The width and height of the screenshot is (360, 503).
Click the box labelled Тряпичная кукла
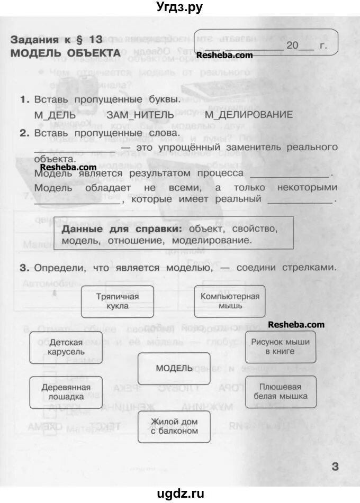[118, 301]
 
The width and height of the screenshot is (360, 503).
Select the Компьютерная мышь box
[230, 301]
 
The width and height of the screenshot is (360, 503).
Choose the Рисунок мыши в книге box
[281, 346]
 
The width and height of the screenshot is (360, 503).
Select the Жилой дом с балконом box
[174, 426]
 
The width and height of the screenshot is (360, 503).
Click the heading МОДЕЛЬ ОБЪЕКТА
[65, 53]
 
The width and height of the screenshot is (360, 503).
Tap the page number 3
[335, 466]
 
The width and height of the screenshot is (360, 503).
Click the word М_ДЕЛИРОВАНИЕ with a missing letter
[249, 115]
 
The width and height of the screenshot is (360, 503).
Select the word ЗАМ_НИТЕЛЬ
[140, 115]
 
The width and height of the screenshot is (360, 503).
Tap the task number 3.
[23, 268]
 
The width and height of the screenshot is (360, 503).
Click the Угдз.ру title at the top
[180, 7]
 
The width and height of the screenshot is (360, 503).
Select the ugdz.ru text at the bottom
[180, 494]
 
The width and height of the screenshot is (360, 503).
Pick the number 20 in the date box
[292, 46]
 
